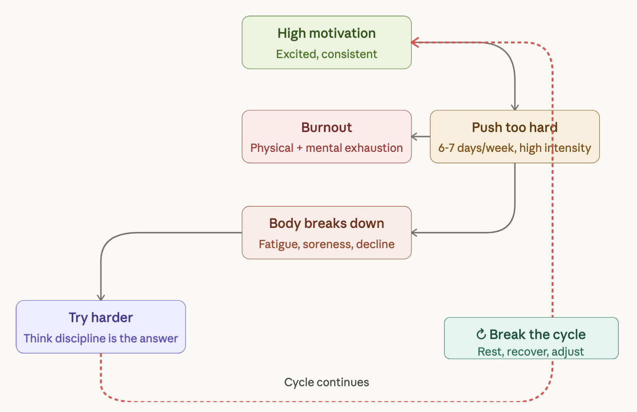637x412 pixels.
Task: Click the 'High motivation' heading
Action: (326, 34)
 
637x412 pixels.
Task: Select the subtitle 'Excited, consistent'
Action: (326, 54)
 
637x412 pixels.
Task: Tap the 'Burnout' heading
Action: (326, 127)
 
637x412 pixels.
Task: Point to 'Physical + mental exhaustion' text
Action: (326, 148)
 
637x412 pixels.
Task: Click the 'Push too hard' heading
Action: (514, 127)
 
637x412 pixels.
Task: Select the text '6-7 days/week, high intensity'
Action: (514, 148)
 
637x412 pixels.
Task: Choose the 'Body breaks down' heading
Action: (326, 223)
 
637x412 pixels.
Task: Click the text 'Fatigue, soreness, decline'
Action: (326, 244)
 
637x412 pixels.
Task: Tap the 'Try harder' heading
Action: (101, 318)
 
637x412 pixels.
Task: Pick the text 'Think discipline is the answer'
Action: (101, 338)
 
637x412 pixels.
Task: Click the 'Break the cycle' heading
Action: (537, 334)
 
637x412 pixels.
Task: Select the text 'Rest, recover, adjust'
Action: (530, 352)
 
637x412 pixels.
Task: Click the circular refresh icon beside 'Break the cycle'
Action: (481, 334)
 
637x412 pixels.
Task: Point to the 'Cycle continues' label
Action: (326, 382)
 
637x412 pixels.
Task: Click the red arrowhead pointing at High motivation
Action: (415, 42)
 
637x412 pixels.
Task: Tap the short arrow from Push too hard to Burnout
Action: (421, 137)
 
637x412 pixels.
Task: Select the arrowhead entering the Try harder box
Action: (101, 297)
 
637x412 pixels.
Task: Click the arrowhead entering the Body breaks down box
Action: (415, 233)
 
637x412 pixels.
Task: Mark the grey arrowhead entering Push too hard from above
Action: (515, 107)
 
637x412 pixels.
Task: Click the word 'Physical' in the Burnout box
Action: (271, 148)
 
